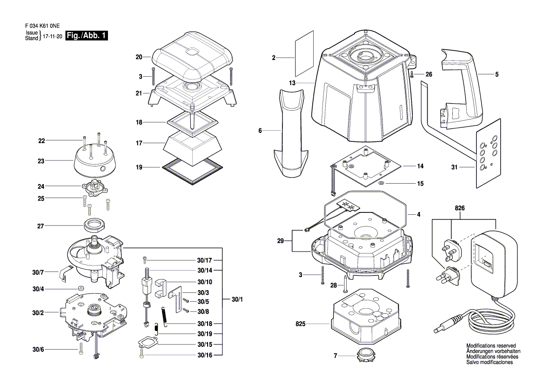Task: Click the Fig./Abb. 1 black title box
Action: [87, 35]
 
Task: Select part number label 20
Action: [139, 57]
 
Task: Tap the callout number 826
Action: [460, 208]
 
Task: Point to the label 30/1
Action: [237, 299]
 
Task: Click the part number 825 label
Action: [301, 324]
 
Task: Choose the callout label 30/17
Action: [204, 260]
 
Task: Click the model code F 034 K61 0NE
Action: [42, 26]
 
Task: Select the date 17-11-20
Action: [53, 36]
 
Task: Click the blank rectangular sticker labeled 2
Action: [304, 54]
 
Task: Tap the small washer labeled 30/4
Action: [81, 288]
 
